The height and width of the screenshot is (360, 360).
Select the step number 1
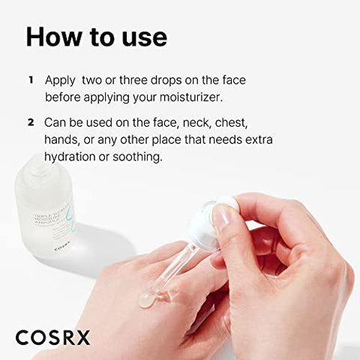click(x=31, y=79)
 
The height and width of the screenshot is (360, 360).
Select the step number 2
click(x=31, y=121)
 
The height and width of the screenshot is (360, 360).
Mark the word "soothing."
click(x=136, y=156)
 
